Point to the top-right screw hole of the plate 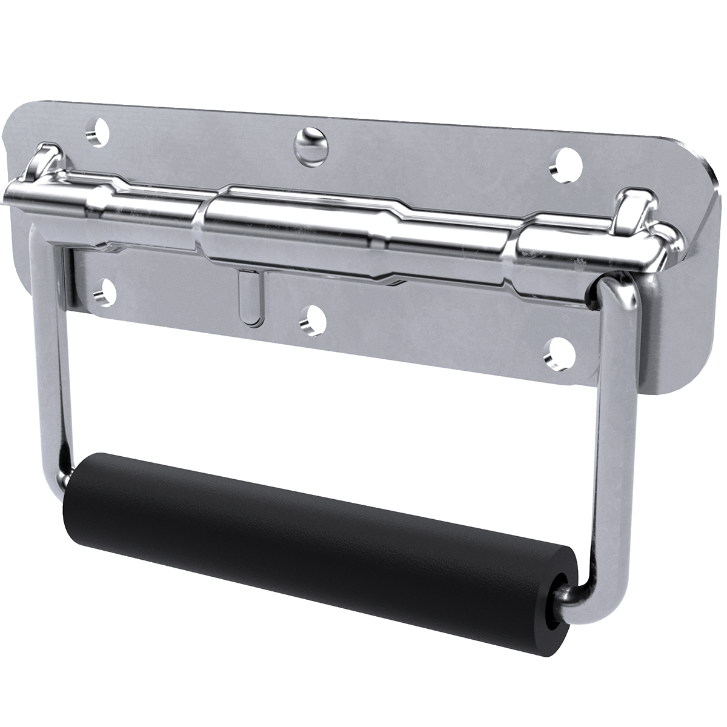(568, 163)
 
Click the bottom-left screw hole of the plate (106, 292)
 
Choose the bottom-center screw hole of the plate (313, 319)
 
